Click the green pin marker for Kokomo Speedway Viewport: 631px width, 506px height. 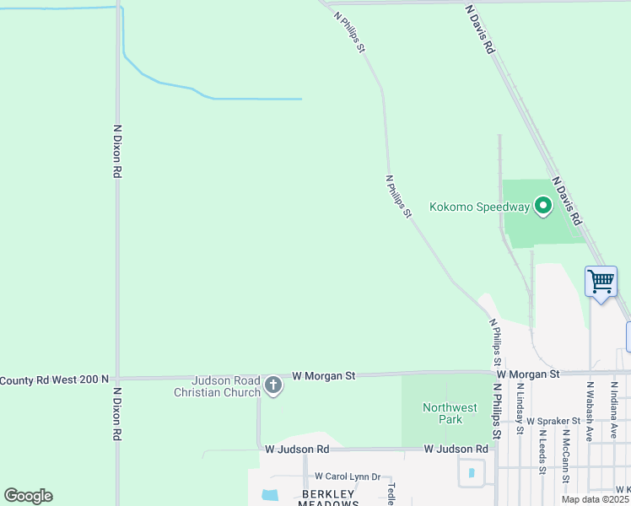(543, 205)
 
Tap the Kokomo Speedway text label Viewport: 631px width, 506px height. (479, 207)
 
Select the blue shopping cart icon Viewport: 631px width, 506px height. (601, 281)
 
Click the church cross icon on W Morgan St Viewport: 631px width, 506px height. (272, 386)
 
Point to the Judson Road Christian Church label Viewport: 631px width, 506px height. (217, 386)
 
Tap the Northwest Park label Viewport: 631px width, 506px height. (443, 413)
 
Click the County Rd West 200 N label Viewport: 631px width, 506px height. (54, 380)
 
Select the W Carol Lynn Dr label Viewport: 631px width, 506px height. (348, 476)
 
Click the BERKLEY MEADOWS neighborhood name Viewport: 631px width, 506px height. (328, 498)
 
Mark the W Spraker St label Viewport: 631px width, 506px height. (554, 420)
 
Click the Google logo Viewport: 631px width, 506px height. (28, 496)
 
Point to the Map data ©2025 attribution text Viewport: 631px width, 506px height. (596, 499)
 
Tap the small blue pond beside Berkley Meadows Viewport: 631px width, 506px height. (270, 494)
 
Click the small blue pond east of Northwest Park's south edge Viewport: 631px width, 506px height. (471, 473)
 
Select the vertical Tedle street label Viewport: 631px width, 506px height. (391, 491)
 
